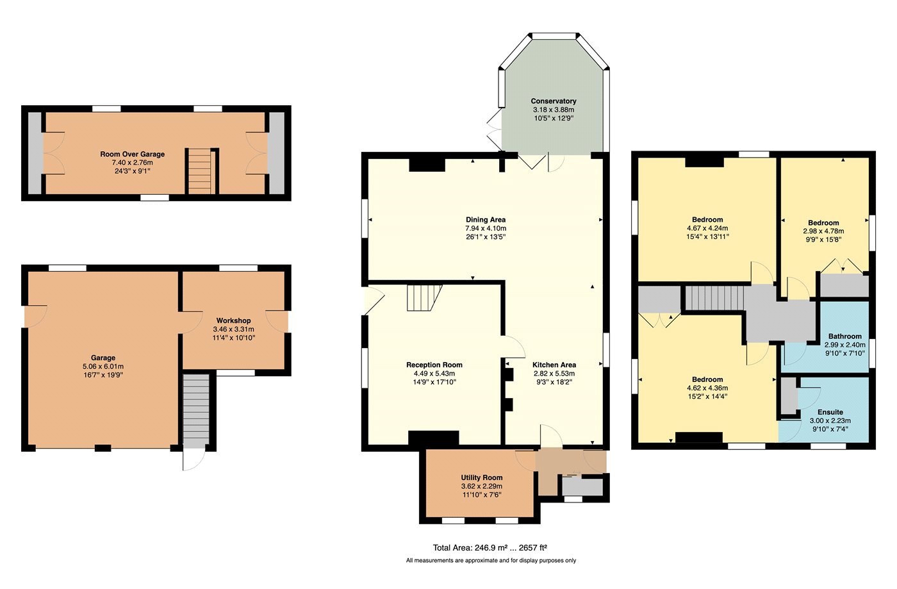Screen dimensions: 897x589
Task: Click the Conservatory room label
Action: coord(554,101)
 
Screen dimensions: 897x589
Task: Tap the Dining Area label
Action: coord(486,220)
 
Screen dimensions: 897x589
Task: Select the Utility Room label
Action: coord(481,477)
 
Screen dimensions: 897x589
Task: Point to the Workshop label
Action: coord(233,320)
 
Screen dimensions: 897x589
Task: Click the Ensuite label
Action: coord(830,412)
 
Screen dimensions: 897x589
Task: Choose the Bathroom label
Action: coord(845,336)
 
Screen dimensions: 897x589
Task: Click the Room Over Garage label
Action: coord(132,154)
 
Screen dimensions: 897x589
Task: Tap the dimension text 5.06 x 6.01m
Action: coord(103,367)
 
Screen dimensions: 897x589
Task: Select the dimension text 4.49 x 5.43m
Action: coord(434,374)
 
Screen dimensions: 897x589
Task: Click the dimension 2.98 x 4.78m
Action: coord(823,231)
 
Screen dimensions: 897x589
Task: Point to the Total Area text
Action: coord(490,547)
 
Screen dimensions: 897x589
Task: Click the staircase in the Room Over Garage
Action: coord(199,172)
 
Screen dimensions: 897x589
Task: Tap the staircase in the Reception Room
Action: coord(424,298)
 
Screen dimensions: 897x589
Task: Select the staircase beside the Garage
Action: coord(196,411)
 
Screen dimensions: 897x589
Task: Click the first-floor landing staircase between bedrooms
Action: coord(714,298)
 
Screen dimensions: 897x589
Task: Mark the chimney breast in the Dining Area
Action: coord(427,165)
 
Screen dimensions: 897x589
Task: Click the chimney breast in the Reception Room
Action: coord(433,437)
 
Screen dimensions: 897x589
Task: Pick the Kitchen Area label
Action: coord(554,365)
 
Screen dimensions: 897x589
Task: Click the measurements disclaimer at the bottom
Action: coord(491,561)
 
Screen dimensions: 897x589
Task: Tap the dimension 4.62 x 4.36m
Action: coord(707,388)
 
